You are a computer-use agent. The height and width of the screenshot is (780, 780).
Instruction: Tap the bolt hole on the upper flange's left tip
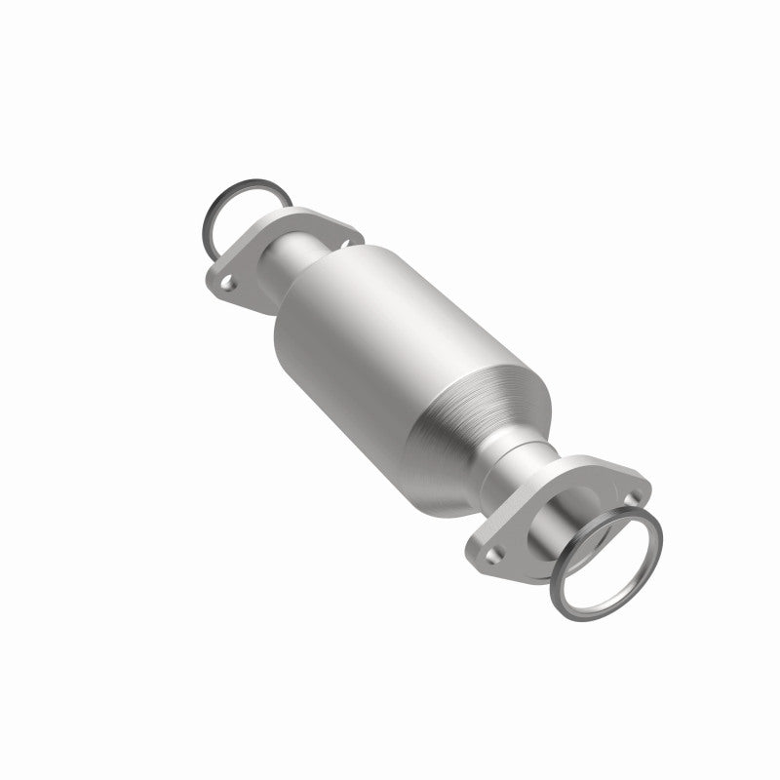[x=226, y=286]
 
